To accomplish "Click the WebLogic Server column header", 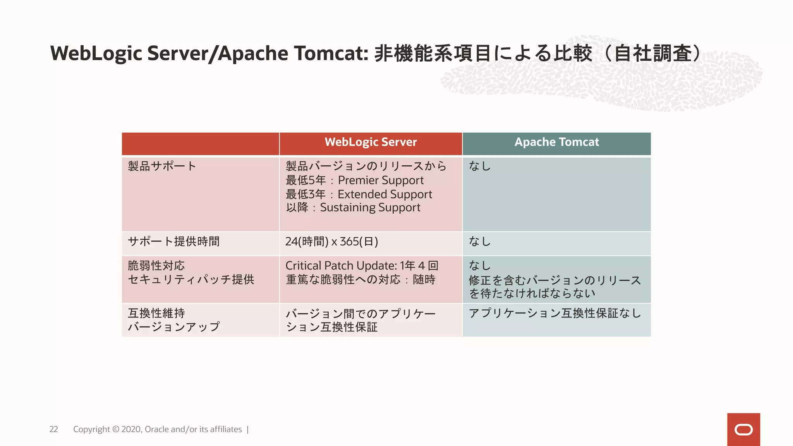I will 371,142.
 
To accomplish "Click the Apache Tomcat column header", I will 556,142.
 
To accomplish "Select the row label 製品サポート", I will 162,166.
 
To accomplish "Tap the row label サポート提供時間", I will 173,242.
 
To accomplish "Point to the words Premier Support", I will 381,180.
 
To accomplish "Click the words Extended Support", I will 384,194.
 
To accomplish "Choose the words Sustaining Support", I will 370,208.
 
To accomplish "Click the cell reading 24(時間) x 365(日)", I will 331,242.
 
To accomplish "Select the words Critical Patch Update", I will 340,266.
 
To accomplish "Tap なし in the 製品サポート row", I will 480,166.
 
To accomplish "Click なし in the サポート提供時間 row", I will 480,242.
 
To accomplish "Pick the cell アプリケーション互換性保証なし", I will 554,313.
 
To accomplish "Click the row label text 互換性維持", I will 156,313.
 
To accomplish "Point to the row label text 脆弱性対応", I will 156,266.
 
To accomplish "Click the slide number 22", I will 53,429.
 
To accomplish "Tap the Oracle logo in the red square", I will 743,430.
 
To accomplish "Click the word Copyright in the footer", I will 91,429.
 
